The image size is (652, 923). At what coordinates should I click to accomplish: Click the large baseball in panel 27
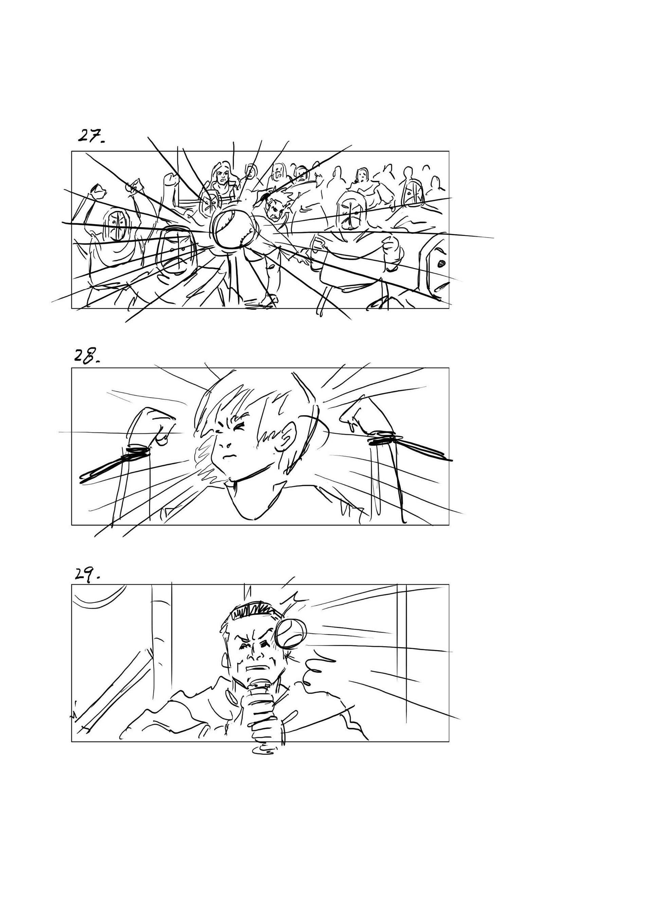pyautogui.click(x=234, y=230)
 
